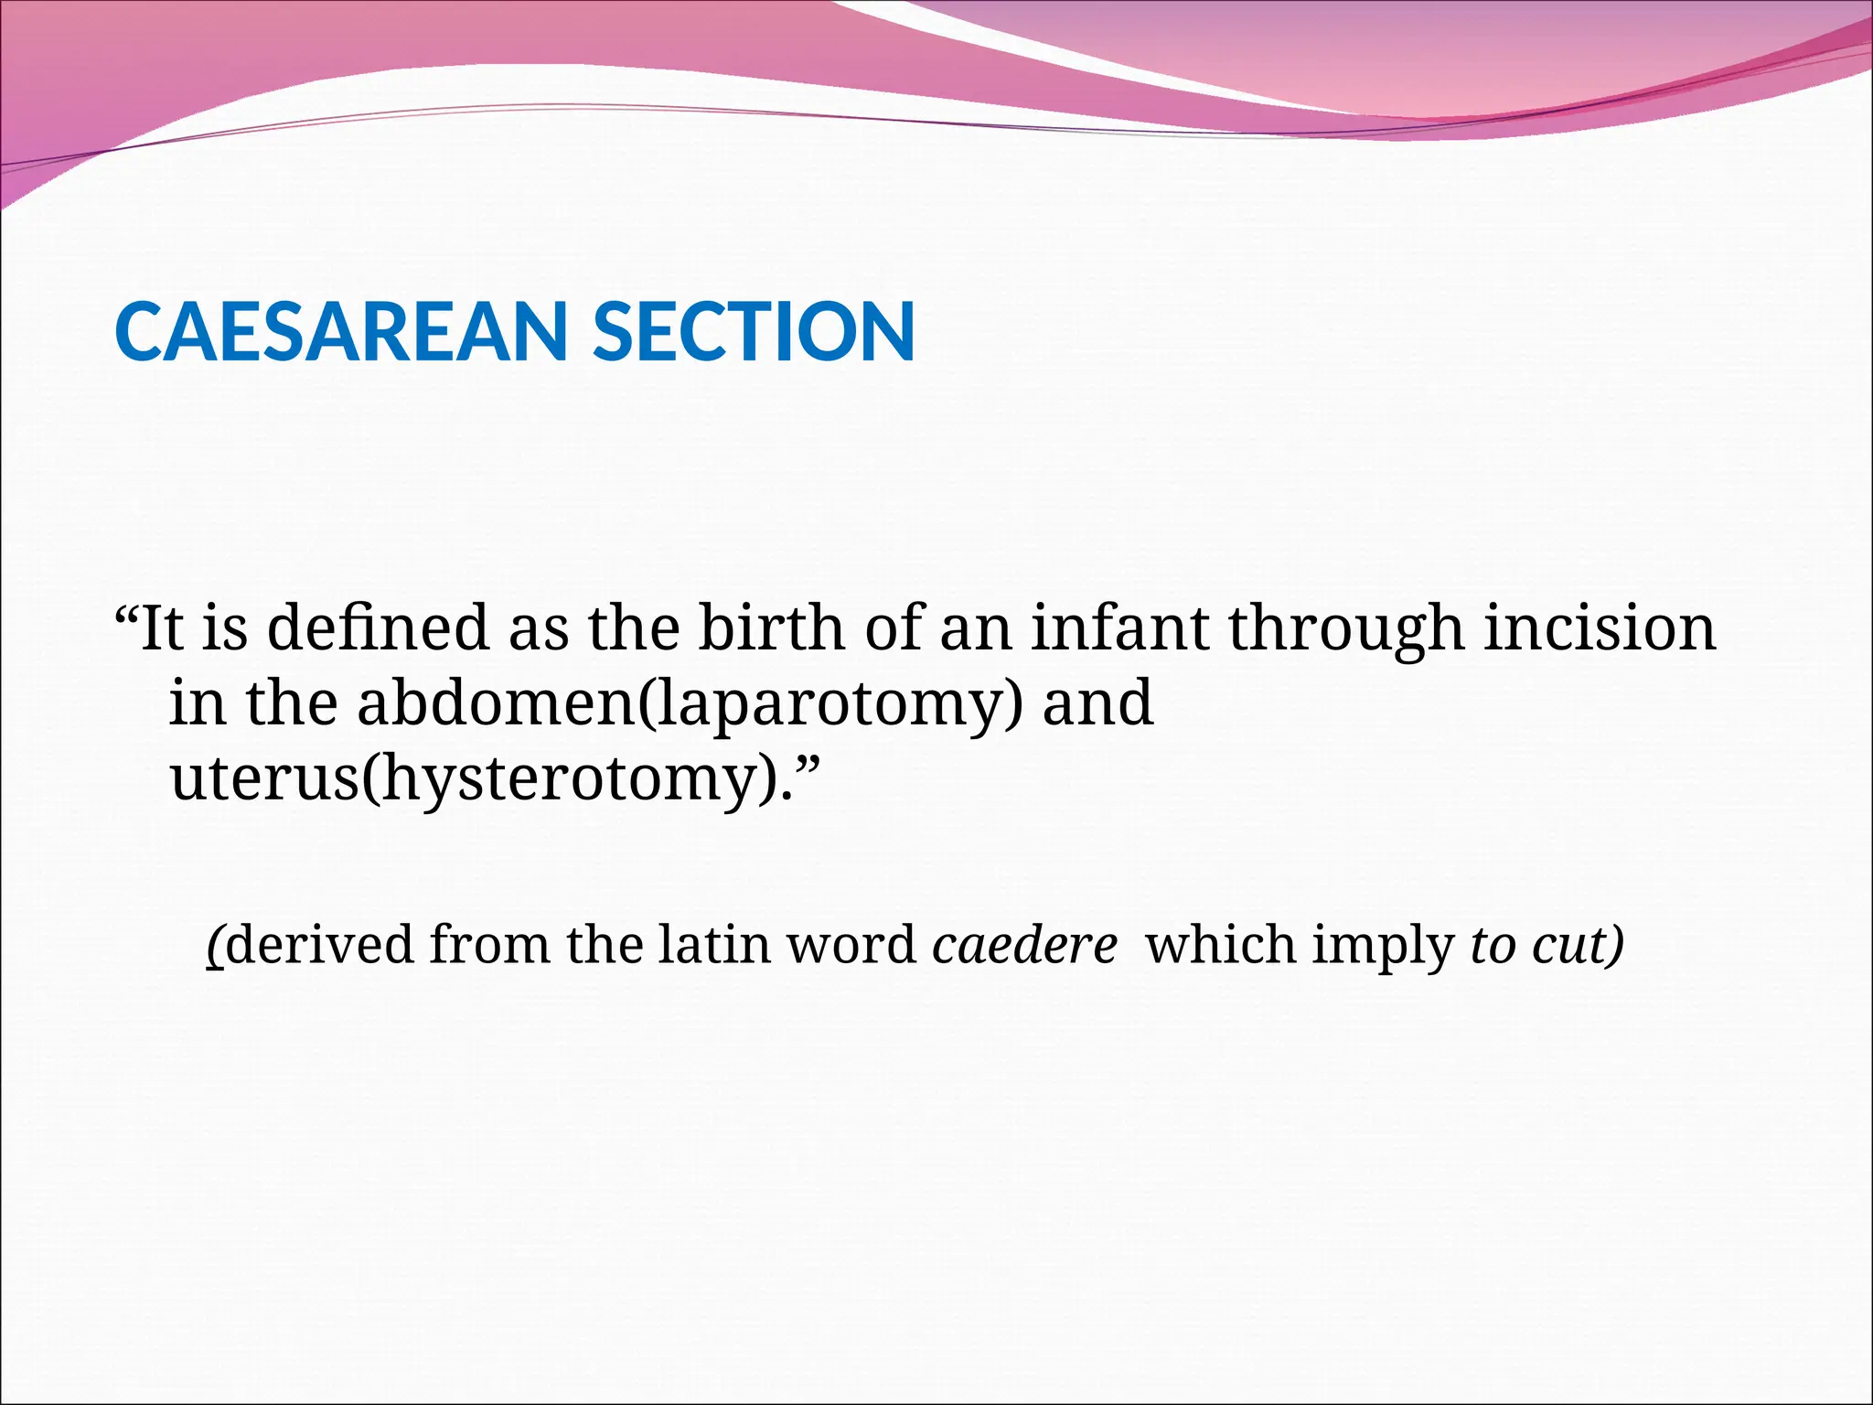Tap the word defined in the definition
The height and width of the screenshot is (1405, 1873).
tap(378, 629)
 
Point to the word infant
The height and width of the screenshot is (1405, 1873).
tap(1120, 629)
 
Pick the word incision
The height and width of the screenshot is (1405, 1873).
tap(1600, 629)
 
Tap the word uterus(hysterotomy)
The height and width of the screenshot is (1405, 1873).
tap(476, 780)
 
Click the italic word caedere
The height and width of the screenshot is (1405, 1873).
tap(1024, 945)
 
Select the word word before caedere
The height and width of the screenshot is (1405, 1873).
tap(851, 944)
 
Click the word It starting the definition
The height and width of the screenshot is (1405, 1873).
tap(162, 629)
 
